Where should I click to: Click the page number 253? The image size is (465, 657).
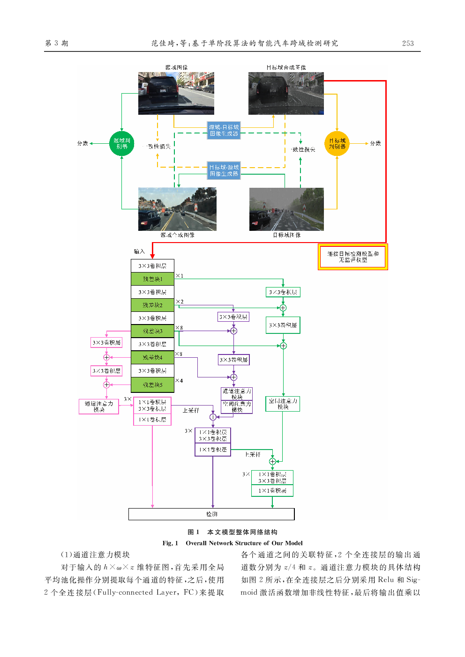point(408,43)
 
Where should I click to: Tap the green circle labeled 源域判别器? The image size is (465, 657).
point(122,143)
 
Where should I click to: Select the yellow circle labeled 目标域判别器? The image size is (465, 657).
point(337,143)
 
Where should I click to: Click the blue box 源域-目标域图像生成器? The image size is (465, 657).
point(224,130)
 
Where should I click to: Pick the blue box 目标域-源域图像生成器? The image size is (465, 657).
point(224,170)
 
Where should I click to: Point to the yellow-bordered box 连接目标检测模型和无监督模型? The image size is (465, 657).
point(353,257)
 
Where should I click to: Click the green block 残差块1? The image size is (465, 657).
point(152,279)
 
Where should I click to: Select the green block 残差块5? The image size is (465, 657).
point(152,385)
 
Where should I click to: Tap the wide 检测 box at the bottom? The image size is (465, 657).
point(211,514)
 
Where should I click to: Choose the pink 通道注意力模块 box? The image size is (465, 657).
point(99,406)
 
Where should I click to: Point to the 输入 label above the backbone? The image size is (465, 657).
point(139,251)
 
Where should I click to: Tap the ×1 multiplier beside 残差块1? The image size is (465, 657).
point(180,276)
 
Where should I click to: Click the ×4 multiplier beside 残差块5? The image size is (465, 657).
point(179,381)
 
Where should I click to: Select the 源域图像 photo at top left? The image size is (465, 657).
point(176,93)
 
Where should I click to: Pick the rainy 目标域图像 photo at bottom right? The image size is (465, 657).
point(286,209)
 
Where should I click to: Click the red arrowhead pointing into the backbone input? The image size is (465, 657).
point(152,255)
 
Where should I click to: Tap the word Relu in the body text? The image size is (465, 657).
point(385,580)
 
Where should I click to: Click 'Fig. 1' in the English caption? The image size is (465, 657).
point(171,543)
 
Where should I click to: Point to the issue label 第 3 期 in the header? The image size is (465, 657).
point(56,43)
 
